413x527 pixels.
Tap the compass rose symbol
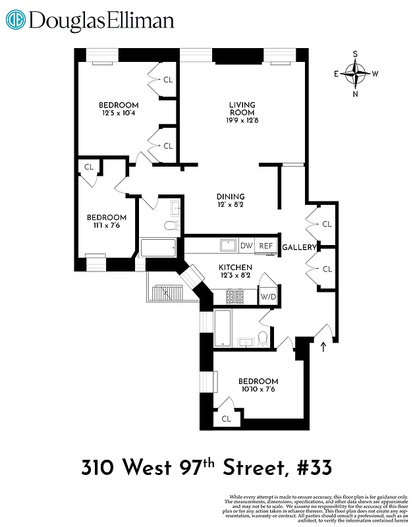[356, 74]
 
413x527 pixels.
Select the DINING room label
[231, 196]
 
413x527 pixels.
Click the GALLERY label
[299, 247]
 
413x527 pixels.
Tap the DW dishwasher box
[246, 246]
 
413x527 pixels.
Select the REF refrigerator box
[265, 246]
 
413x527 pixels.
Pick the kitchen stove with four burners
[235, 296]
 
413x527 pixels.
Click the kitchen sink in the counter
[229, 245]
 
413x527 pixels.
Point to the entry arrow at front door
[323, 347]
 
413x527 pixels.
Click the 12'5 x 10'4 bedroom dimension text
[119, 114]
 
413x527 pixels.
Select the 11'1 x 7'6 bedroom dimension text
[106, 226]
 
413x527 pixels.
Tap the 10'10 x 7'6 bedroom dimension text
[258, 389]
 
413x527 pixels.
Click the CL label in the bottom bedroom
[227, 418]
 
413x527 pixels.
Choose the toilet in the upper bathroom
[171, 227]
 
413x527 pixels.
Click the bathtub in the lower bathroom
[223, 327]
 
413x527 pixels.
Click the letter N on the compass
[356, 94]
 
